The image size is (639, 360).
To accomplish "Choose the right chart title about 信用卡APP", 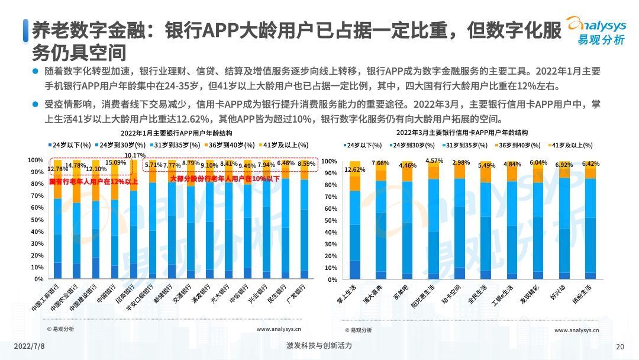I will [x=461, y=133].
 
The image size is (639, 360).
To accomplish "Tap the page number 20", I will [x=619, y=347].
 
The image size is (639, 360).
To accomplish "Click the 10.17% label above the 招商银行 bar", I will [x=135, y=156].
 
